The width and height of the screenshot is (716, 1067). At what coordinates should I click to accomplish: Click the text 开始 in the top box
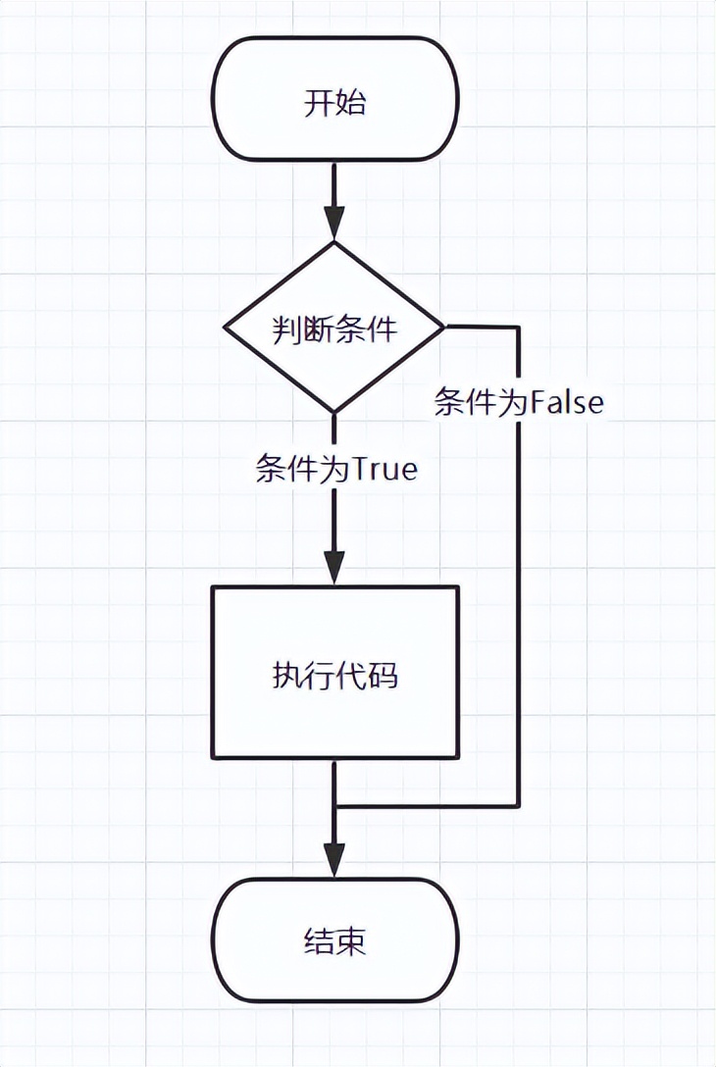coord(334,103)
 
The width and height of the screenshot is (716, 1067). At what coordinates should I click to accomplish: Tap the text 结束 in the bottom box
coord(334,942)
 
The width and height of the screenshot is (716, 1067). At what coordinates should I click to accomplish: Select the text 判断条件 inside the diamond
coord(334,329)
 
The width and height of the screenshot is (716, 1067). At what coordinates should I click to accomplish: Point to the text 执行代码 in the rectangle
coord(334,675)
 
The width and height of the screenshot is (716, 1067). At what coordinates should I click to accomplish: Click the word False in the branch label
coord(567,402)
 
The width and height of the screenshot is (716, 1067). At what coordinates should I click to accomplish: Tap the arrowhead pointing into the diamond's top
coord(334,226)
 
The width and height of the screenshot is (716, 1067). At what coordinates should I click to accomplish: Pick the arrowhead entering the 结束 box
coord(334,861)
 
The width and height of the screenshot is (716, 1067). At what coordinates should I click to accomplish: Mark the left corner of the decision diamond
coord(226,328)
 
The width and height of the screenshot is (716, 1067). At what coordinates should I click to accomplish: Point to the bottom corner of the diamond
coord(334,412)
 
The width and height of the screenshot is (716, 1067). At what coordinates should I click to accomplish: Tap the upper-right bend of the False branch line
coord(518,328)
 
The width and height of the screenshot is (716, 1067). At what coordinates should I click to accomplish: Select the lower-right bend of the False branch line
coord(518,806)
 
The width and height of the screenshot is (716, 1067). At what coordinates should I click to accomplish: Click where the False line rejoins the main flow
coord(335,806)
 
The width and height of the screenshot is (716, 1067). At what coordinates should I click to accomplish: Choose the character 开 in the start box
coord(319,103)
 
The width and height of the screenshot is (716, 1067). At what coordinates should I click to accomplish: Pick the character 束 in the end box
coord(351,942)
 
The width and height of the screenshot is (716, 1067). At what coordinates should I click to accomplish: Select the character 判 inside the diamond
coord(286,329)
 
